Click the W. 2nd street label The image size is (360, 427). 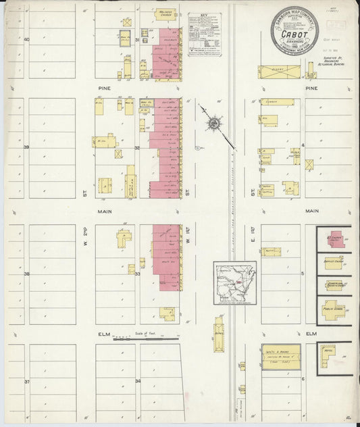click(x=86, y=238)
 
